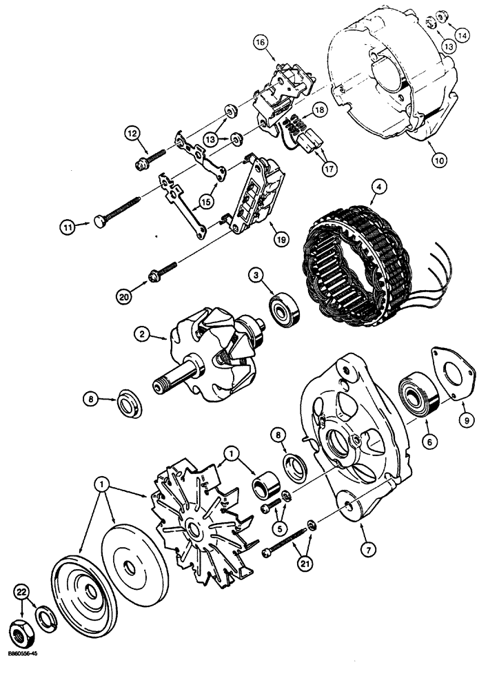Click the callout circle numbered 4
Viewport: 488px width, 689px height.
point(378,185)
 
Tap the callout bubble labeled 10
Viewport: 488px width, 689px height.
point(439,158)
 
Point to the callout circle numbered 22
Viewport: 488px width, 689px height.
point(23,592)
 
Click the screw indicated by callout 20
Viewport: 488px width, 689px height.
point(165,271)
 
